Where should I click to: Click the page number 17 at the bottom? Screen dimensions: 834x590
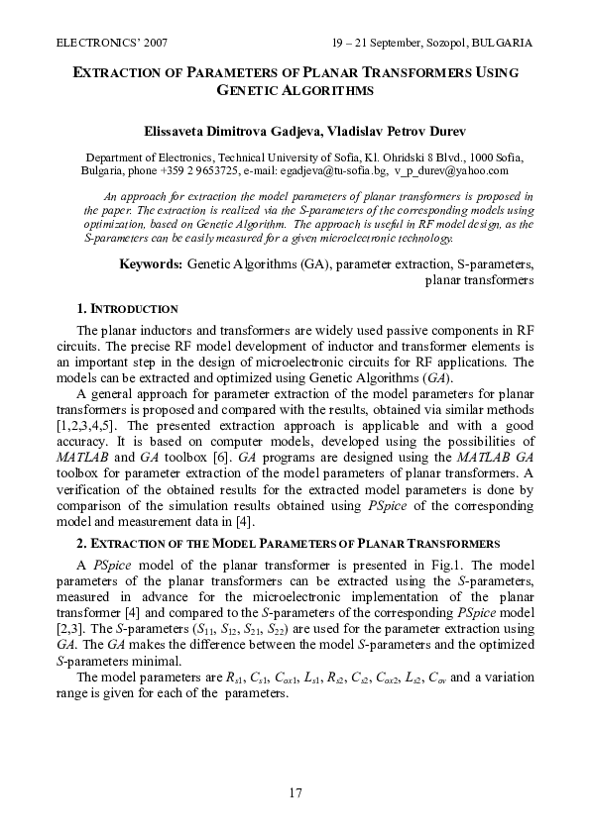295,792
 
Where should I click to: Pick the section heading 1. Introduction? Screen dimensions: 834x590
127,309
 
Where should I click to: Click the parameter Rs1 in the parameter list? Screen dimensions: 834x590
234,678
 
